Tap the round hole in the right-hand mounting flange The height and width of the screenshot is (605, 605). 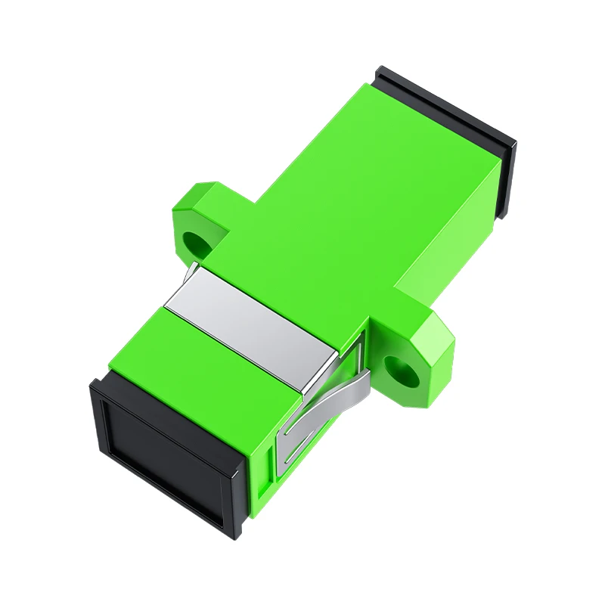(397, 370)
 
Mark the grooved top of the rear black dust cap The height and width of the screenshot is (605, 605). (446, 106)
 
